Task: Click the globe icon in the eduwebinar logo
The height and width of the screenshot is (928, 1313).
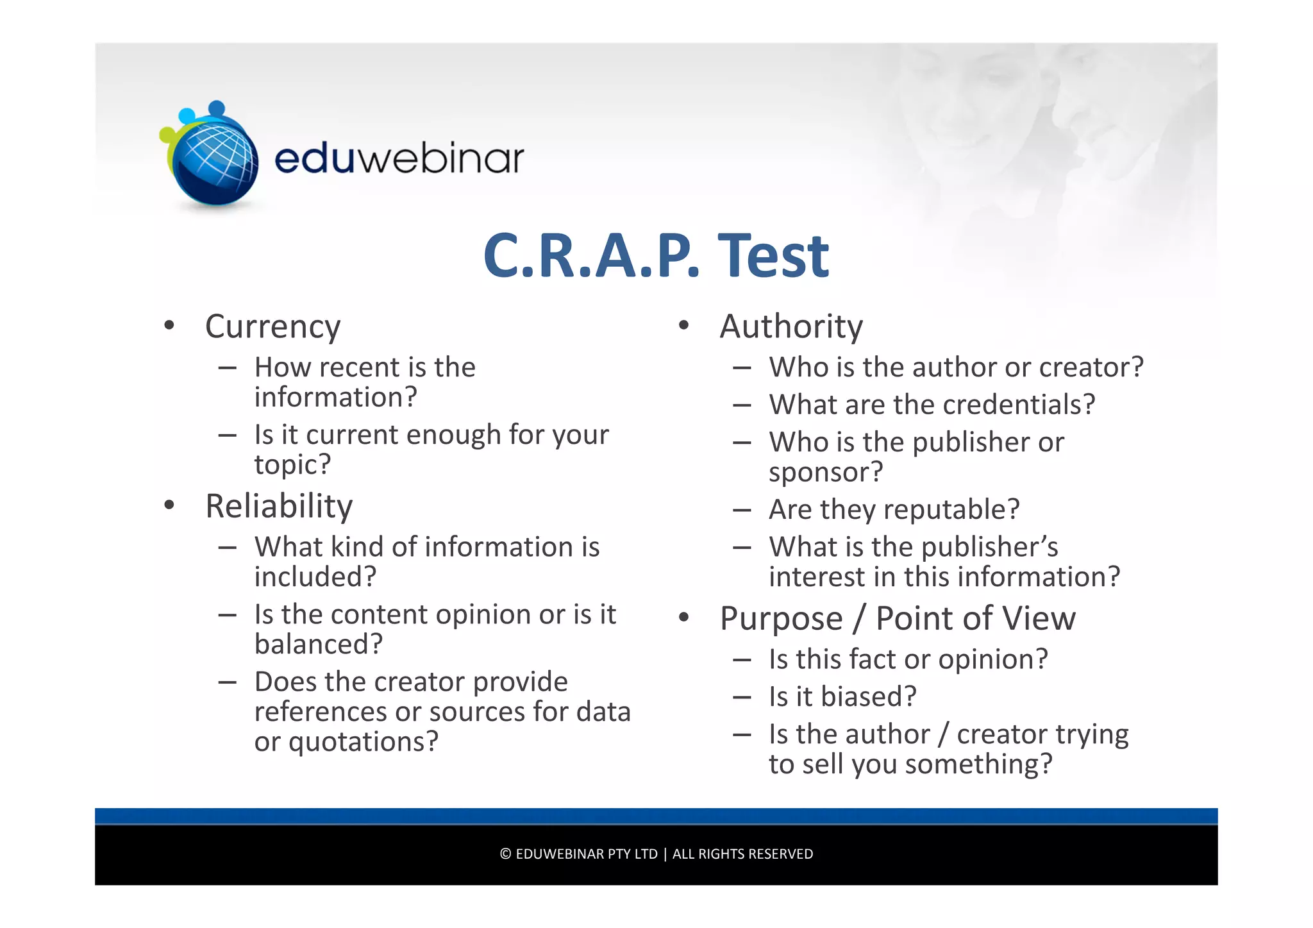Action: pos(215,160)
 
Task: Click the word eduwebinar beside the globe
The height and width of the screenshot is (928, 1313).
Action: pos(399,158)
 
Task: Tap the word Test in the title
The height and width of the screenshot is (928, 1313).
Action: pos(773,256)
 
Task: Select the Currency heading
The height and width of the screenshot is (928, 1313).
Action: pos(272,327)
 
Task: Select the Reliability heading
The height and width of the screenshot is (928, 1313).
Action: pos(279,507)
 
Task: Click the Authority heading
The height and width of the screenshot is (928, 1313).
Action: pos(791,327)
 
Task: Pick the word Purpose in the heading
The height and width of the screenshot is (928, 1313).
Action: pos(781,620)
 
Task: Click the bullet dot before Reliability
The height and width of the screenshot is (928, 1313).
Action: pos(169,505)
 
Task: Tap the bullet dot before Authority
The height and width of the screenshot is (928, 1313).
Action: pos(683,326)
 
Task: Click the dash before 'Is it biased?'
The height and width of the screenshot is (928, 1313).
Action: pos(742,697)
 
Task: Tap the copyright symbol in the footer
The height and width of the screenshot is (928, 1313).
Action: pos(505,854)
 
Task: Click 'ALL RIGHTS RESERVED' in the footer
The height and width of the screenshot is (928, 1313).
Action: pos(742,854)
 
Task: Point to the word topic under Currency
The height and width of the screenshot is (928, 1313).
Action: pos(286,465)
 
